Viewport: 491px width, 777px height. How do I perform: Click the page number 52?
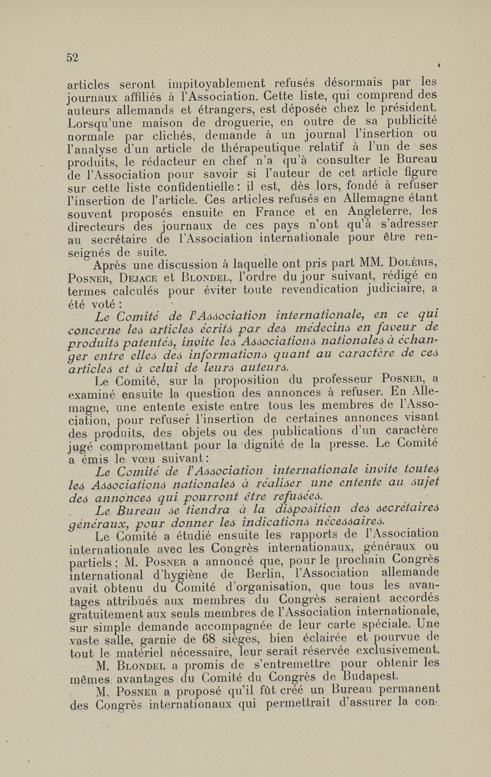tap(73, 58)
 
